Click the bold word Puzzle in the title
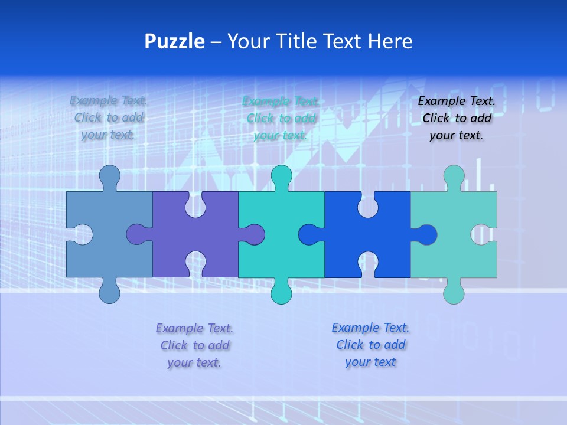tap(175, 41)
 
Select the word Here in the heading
tap(390, 41)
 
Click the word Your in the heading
tap(248, 41)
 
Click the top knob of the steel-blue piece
tap(109, 175)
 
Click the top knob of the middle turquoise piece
tap(281, 175)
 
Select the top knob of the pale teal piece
tap(454, 175)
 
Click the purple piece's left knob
tap(137, 234)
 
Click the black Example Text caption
tap(457, 118)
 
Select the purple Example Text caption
tap(194, 345)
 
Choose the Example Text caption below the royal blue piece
tap(370, 345)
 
